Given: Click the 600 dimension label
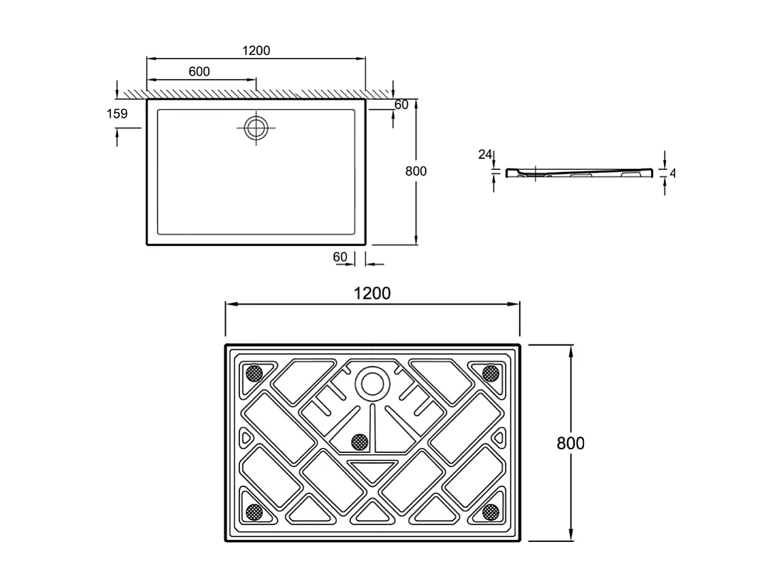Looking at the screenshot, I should tap(199, 71).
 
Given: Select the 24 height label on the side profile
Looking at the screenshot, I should tap(485, 154).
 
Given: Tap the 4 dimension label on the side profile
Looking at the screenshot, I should tap(672, 173).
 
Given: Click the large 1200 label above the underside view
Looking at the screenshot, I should tap(372, 293).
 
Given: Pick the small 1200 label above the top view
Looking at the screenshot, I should tap(256, 51).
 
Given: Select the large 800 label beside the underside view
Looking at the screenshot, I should tap(570, 443).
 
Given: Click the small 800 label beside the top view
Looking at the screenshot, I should tap(415, 171).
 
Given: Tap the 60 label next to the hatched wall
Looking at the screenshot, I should tap(401, 105).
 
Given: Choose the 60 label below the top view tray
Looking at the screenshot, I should tap(340, 257).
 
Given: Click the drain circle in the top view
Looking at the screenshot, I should tap(256, 128).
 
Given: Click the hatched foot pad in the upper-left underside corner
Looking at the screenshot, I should tap(253, 373).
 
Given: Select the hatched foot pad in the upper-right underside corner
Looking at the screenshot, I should tap(490, 373).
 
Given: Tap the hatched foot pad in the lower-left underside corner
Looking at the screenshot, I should tap(253, 511).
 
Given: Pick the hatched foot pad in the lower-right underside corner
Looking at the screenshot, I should tap(490, 511).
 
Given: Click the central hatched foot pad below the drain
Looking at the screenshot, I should tap(360, 442).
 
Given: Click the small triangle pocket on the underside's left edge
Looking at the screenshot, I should tap(246, 437).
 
